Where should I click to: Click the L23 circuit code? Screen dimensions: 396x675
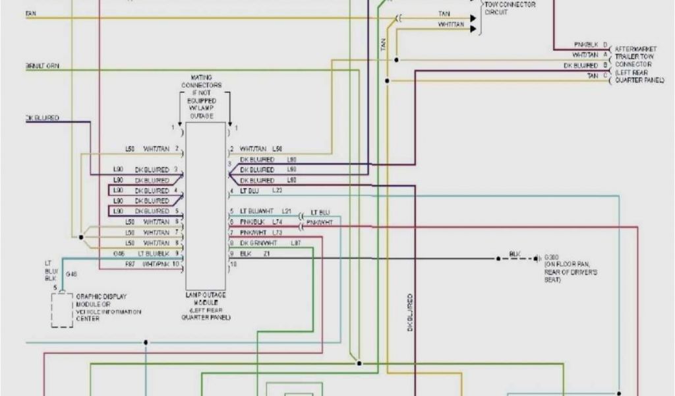[277, 191]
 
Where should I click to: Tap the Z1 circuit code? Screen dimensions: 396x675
[266, 253]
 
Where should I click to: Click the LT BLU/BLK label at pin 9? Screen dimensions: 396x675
[154, 253]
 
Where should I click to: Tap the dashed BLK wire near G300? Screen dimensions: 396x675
[517, 258]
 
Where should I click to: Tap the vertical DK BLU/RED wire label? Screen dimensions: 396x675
[409, 312]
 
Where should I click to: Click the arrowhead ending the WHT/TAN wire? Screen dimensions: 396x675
[472, 29]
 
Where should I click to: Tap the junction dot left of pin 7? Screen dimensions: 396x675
[81, 236]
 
